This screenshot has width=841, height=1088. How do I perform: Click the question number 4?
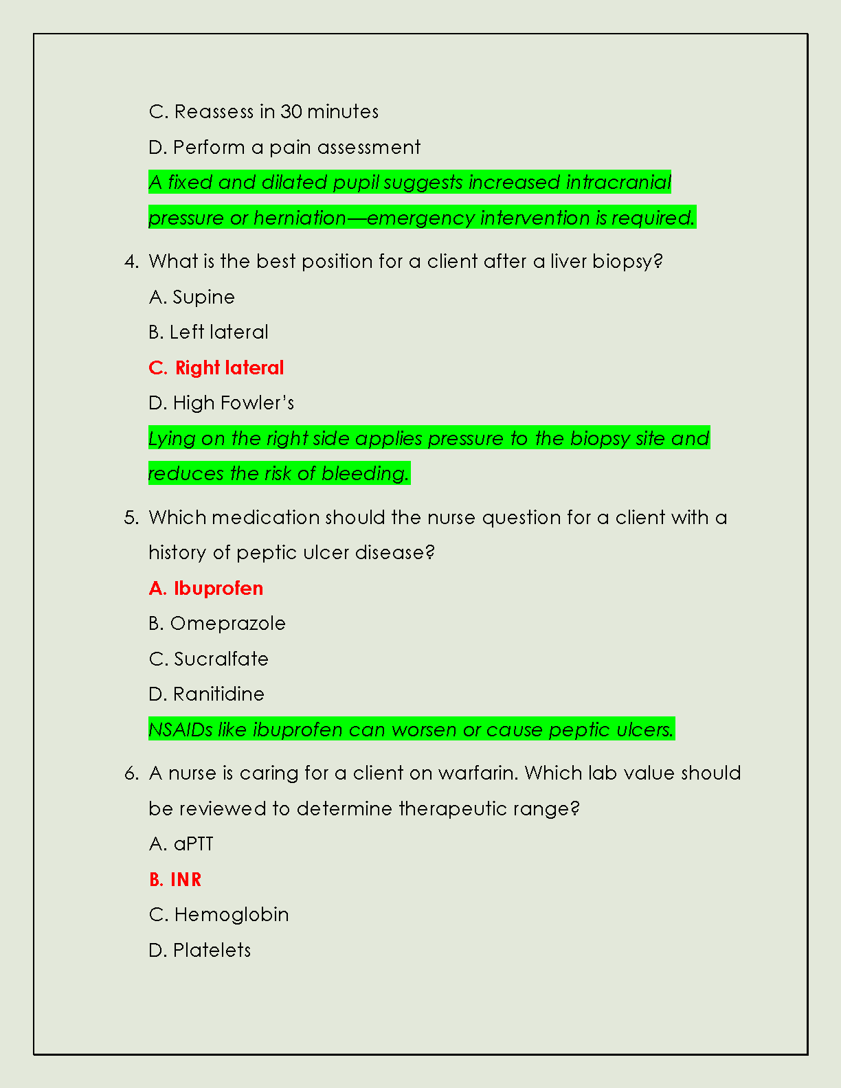[131, 262]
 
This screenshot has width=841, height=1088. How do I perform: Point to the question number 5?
[131, 518]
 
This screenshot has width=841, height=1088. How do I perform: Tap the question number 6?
[131, 773]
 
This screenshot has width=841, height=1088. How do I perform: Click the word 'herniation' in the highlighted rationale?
[300, 218]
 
